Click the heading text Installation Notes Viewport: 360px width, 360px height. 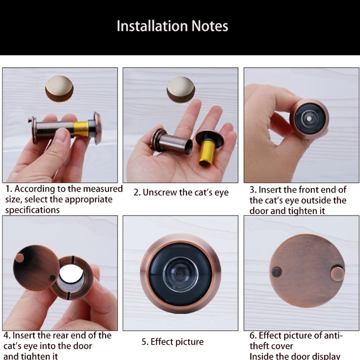coord(172,26)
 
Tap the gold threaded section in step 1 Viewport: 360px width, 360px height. coord(81,129)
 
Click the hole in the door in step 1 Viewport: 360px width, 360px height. coord(59,89)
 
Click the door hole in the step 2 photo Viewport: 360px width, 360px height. coord(181,90)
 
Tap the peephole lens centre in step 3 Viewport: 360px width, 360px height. coord(309,119)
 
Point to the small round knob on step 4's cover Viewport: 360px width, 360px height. coord(19,258)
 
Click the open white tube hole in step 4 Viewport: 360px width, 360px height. coord(71,274)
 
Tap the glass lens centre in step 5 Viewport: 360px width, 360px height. coord(180,274)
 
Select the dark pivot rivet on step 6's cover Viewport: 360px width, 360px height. coord(277,272)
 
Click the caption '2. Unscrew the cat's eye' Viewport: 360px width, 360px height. coord(181,193)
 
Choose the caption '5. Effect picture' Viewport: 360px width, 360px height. coord(172,342)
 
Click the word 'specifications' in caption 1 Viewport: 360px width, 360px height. coord(32,210)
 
